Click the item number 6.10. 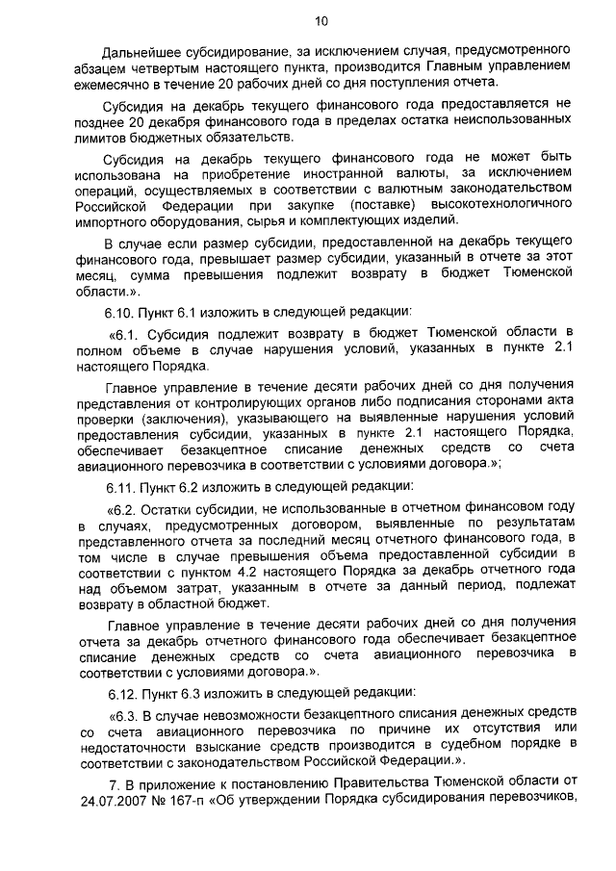click(121, 312)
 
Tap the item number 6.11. click(121, 485)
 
